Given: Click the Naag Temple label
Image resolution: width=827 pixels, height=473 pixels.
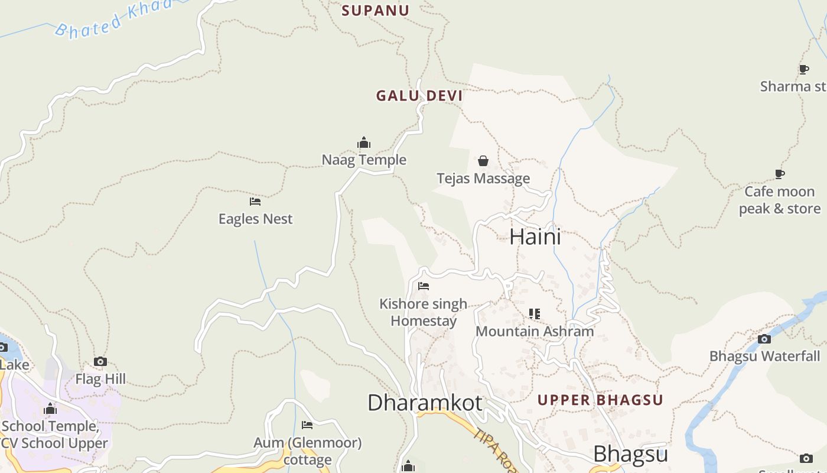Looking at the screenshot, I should (x=364, y=160).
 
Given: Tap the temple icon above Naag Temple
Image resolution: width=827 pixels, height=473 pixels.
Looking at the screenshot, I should (x=364, y=142).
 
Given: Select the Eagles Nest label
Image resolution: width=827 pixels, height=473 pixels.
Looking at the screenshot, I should (x=255, y=219).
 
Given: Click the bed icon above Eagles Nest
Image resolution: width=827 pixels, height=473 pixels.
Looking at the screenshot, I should (x=255, y=202).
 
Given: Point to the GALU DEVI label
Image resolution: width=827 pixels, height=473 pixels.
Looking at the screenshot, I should (x=419, y=96).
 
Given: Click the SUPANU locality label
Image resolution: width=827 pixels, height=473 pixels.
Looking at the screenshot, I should (x=375, y=10).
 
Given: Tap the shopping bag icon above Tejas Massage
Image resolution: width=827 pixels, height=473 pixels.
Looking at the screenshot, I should (x=483, y=161).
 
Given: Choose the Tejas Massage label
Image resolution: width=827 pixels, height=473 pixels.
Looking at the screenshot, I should (x=483, y=179).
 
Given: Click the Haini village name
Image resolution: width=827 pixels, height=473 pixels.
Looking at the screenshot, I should (x=535, y=237).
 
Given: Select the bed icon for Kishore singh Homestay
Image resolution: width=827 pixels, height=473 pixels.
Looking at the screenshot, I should (x=424, y=286).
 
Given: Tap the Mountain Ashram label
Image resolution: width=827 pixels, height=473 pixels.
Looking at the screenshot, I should (x=535, y=331).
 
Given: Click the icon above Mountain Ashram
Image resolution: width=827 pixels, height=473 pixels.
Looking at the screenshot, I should (x=535, y=313).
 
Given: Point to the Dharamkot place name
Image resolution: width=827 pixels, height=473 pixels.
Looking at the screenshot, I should (x=425, y=403).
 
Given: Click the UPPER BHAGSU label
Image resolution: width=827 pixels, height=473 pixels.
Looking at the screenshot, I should (x=600, y=400).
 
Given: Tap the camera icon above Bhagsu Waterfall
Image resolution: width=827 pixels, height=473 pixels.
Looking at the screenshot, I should (x=764, y=339).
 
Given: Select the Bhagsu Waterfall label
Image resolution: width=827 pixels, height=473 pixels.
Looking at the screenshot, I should (x=764, y=356).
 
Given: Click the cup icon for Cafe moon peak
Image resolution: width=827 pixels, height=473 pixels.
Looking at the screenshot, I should (x=780, y=174).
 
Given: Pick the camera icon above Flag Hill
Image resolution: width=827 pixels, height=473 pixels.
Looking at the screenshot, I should (x=100, y=361).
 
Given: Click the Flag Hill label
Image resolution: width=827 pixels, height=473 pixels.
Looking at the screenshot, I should (x=100, y=379).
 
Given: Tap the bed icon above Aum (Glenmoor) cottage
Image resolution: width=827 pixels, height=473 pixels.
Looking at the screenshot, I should (x=307, y=425).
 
